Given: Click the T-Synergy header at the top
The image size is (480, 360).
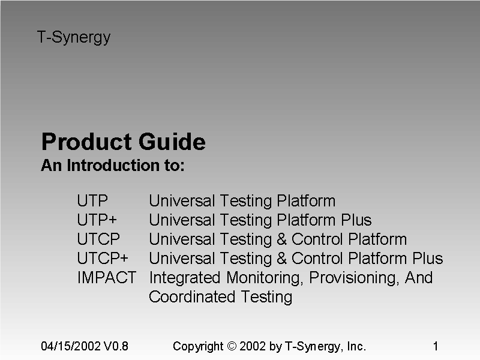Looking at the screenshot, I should point(74,37).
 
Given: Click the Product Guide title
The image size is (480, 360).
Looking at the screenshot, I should point(123,142).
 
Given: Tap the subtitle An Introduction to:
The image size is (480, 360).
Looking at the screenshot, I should point(112,166).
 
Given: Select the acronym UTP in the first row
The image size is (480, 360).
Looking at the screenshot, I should point(92,201).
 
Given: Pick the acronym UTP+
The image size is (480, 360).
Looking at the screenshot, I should point(97,220).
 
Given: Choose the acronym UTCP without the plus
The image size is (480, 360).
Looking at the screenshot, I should point(98,239).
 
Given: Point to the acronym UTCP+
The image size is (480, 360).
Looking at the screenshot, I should point(103,259).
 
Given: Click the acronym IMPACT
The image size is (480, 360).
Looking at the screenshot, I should point(107,278).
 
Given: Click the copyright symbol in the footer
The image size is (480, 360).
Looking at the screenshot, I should point(232,347).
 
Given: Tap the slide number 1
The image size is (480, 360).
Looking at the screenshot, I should point(436,346).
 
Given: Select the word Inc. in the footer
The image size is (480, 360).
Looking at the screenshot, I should point(356,346).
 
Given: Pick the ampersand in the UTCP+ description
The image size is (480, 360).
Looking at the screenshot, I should point(281,259).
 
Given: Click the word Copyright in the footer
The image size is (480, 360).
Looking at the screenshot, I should point(197,347).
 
